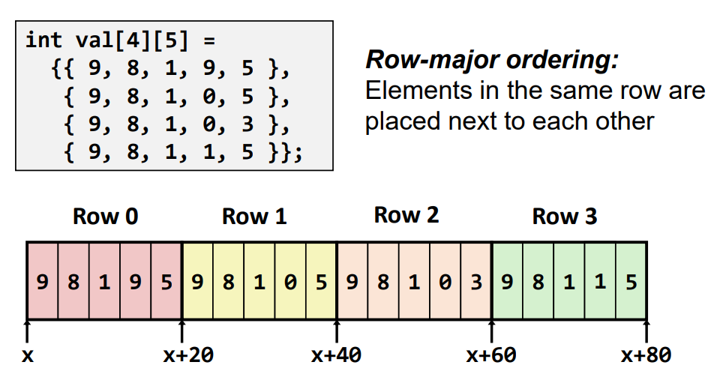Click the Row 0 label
point(105,216)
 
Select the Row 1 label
point(254,216)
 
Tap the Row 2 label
point(406,214)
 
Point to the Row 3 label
point(564,216)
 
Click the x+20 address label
point(188,355)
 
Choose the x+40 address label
point(336,355)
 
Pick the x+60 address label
point(491,355)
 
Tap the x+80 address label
point(646,355)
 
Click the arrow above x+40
point(337,331)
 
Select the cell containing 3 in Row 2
point(476,280)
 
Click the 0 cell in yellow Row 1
point(290,280)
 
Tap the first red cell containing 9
point(43,280)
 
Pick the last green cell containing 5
point(631,280)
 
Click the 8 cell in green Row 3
point(538,280)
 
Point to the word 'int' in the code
point(43,40)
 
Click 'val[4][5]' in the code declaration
point(132,40)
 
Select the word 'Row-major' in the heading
point(433,60)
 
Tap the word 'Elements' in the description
point(418,91)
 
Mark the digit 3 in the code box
point(247,124)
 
